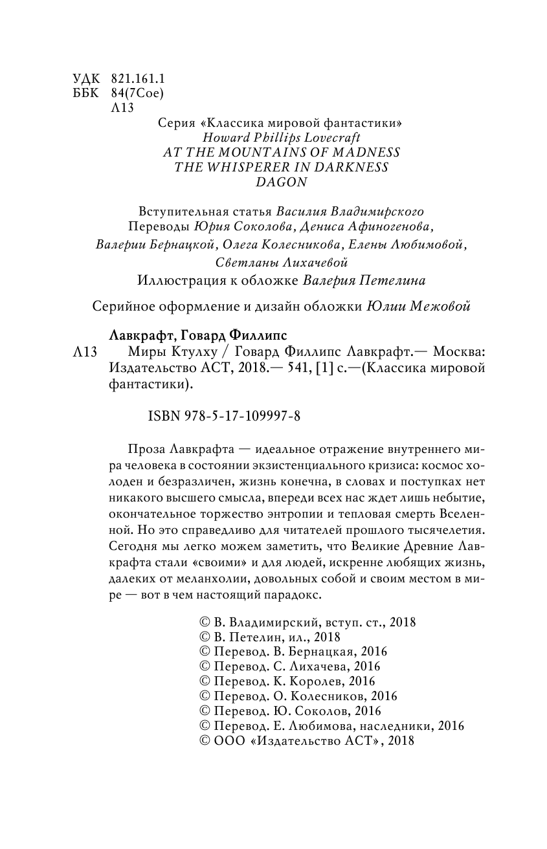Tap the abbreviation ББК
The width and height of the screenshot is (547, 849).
coord(85,93)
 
